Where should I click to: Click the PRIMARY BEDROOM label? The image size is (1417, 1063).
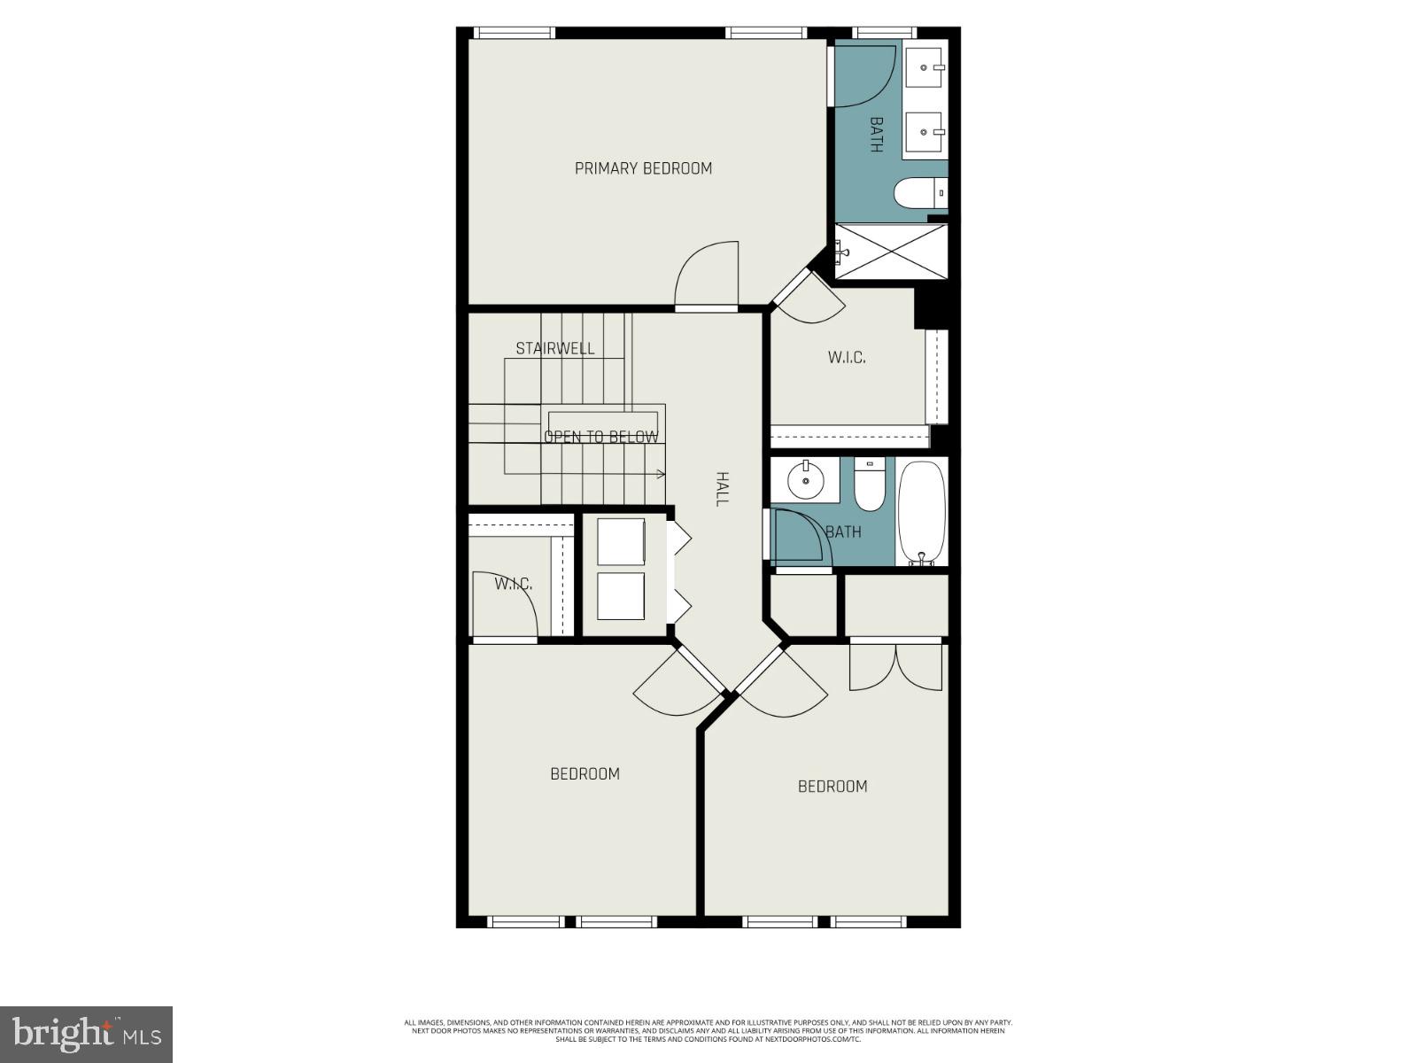click(x=643, y=168)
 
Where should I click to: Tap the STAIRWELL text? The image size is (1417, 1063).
click(x=555, y=348)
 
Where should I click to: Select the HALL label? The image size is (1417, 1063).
click(x=722, y=489)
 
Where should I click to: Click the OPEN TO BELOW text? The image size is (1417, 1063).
click(x=601, y=437)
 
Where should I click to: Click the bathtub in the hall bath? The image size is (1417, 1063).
click(x=922, y=513)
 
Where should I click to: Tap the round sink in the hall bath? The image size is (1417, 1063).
click(x=806, y=481)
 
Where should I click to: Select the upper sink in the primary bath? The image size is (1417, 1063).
click(x=926, y=66)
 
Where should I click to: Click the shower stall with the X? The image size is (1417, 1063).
click(x=891, y=252)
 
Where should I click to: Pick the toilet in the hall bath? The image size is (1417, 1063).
click(x=869, y=487)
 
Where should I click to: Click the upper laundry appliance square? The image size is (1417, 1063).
click(x=621, y=541)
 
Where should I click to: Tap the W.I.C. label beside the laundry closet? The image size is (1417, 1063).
click(x=514, y=584)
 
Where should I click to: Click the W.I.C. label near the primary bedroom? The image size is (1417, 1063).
click(x=847, y=358)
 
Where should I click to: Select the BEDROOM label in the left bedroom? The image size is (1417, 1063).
click(x=585, y=773)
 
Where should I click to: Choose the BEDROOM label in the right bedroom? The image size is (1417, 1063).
click(x=832, y=786)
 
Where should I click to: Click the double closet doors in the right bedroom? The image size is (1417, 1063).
click(x=895, y=667)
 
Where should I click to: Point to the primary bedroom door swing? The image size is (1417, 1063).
click(x=708, y=275)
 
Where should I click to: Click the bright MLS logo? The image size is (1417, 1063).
click(x=86, y=1034)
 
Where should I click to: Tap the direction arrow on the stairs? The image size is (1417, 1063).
click(x=660, y=475)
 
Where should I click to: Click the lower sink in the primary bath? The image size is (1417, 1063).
click(x=926, y=132)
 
